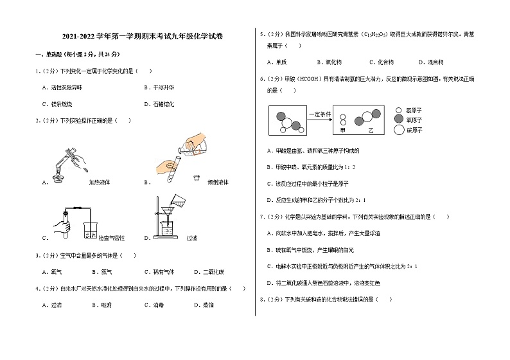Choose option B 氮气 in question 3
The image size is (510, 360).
click(107, 272)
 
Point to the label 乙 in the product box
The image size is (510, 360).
click(371, 130)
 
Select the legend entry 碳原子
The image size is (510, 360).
click(414, 130)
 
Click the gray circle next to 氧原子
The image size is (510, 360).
click(400, 120)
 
